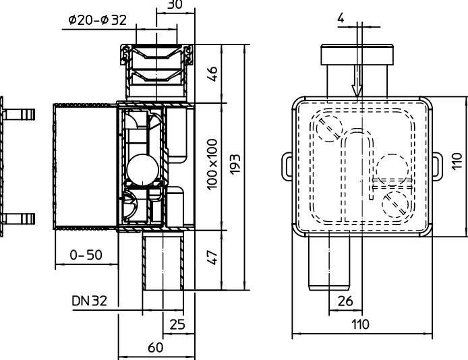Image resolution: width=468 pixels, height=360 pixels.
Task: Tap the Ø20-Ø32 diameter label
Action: (x=97, y=21)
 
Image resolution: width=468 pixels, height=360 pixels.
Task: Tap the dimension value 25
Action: (x=177, y=324)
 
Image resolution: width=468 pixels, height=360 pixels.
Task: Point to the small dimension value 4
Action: (x=342, y=18)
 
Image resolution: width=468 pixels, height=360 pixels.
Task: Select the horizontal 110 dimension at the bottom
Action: (x=361, y=324)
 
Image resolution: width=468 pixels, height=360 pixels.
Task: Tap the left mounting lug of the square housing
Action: (x=285, y=162)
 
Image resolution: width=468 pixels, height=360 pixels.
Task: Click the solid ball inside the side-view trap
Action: (x=142, y=169)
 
